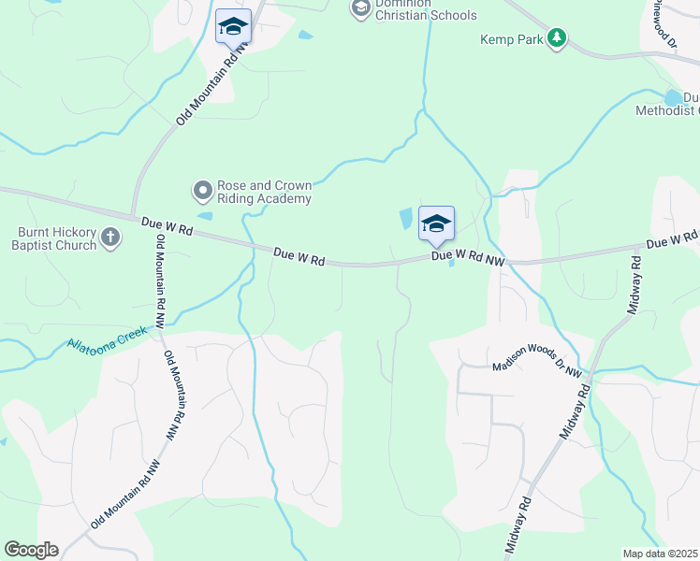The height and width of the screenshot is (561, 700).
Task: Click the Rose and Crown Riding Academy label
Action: click(x=263, y=192)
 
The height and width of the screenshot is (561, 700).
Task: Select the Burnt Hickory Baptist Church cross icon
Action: click(x=110, y=237)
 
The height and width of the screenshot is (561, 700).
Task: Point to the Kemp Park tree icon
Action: click(x=557, y=38)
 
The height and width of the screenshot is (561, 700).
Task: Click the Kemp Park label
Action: click(x=511, y=39)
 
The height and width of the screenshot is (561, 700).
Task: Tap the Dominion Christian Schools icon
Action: click(x=360, y=8)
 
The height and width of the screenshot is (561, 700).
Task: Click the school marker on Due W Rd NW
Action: click(x=436, y=224)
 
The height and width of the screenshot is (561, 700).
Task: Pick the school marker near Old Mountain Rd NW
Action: click(x=233, y=27)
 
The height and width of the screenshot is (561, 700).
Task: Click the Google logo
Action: click(x=31, y=550)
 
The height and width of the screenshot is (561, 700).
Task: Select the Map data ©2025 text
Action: click(x=660, y=554)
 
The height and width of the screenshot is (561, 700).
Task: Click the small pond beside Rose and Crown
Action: click(x=205, y=216)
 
